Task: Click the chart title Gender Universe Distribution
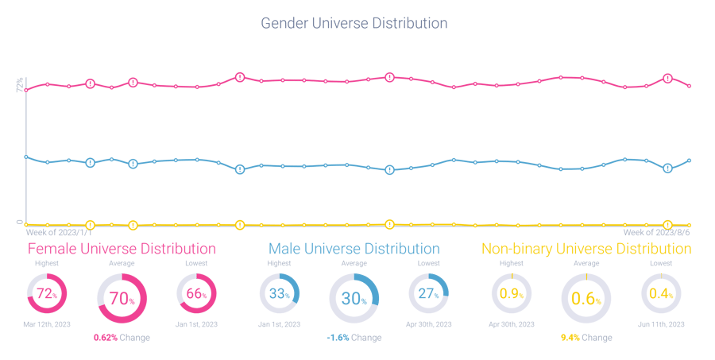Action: coord(354,23)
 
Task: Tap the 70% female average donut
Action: coord(122,299)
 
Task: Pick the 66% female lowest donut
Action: coord(197,294)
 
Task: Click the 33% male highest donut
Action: coord(279,294)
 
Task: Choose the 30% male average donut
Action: coord(354,299)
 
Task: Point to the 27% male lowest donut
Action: coord(429,294)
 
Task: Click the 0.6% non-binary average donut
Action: coord(586,299)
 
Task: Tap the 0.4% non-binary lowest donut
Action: coord(661,294)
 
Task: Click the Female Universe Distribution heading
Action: coord(122,249)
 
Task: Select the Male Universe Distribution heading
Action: coord(354,249)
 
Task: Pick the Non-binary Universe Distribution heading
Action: coord(586,249)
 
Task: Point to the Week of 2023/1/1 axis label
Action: coord(60,233)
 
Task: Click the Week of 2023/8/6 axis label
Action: coord(656,233)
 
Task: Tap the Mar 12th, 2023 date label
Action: coord(47,324)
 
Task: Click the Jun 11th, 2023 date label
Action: coord(661,324)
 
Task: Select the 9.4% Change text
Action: coord(586,337)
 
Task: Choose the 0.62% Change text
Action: coord(122,337)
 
